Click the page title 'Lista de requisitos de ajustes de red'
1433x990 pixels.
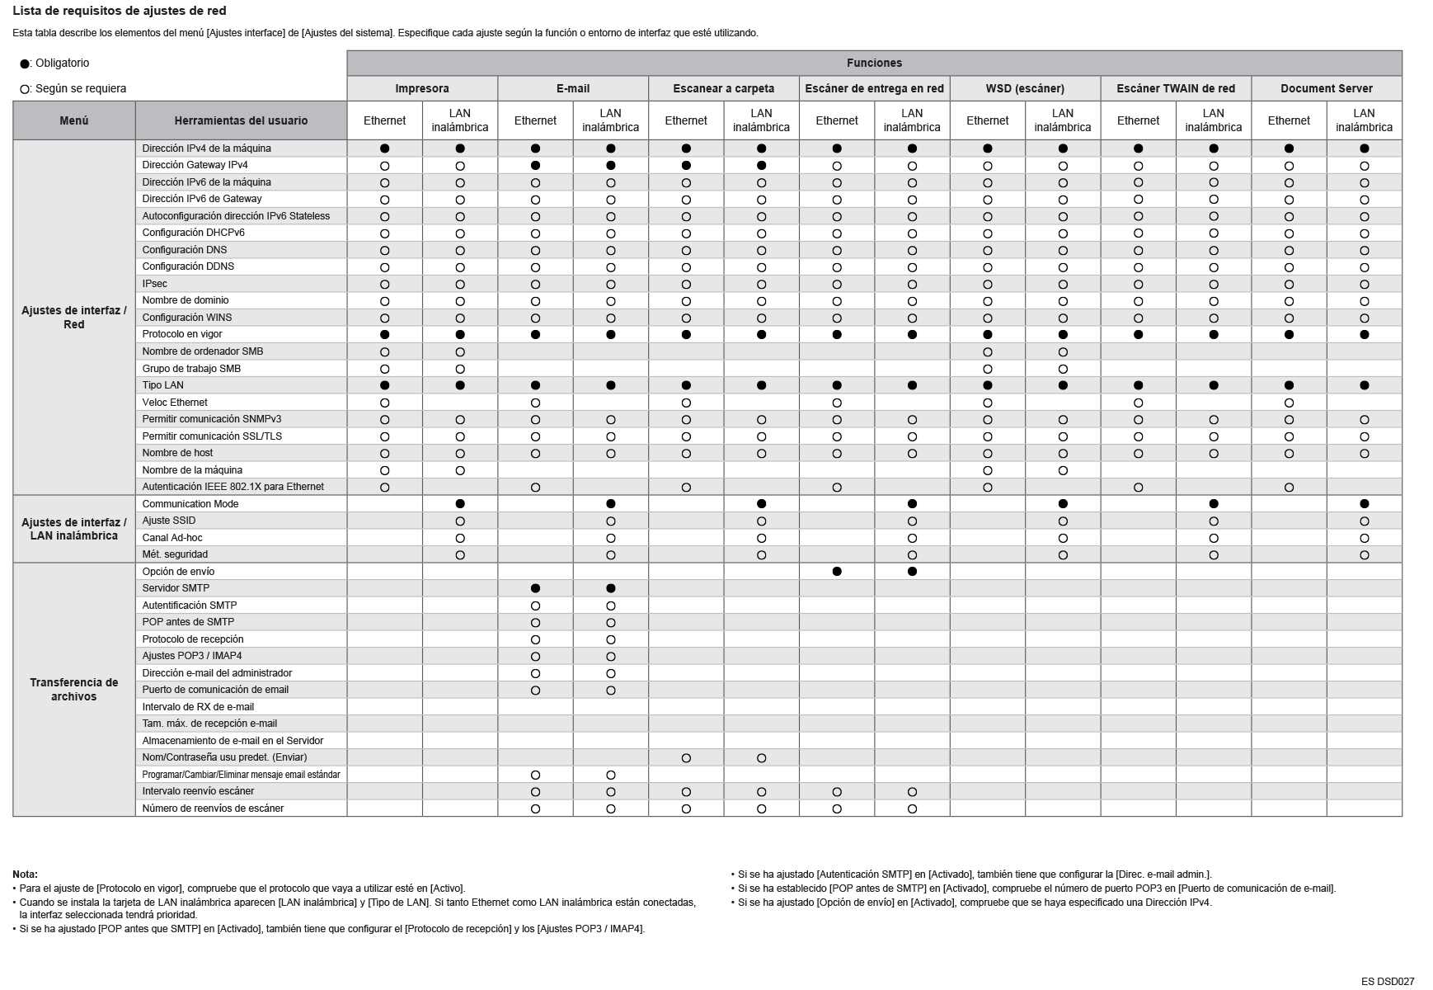pyautogui.click(x=120, y=12)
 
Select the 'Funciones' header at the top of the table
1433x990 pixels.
pyautogui.click(x=874, y=64)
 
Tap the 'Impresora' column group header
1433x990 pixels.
pyautogui.click(x=422, y=88)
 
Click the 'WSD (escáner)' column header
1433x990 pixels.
pyautogui.click(x=1025, y=88)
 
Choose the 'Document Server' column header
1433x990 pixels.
pyautogui.click(x=1326, y=88)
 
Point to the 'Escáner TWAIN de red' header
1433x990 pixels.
pyautogui.click(x=1176, y=88)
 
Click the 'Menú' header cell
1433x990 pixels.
pyautogui.click(x=74, y=120)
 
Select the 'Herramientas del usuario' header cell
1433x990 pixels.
pyautogui.click(x=241, y=120)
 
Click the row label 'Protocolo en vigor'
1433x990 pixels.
pyautogui.click(x=182, y=334)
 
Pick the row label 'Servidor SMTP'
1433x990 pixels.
pyautogui.click(x=176, y=588)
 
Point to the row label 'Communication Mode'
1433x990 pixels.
pyautogui.click(x=190, y=504)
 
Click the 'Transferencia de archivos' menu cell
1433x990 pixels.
pyautogui.click(x=74, y=690)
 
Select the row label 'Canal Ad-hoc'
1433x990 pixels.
pyautogui.click(x=172, y=538)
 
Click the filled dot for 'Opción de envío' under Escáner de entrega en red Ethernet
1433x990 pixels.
pyautogui.click(x=837, y=572)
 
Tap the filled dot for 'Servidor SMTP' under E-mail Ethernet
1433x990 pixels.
pyautogui.click(x=535, y=589)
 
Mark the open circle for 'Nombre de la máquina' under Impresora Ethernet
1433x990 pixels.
pyautogui.click(x=384, y=471)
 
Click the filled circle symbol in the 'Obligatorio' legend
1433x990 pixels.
pyautogui.click(x=25, y=64)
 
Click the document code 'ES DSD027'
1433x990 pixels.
pyautogui.click(x=1388, y=982)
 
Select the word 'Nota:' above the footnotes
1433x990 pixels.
pyautogui.click(x=25, y=874)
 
